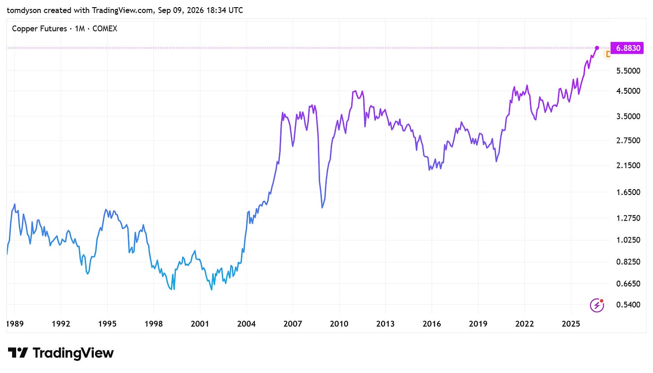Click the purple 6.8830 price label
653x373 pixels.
tap(627, 48)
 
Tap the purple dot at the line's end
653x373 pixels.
tap(597, 48)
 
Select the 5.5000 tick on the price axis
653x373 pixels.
tap(628, 71)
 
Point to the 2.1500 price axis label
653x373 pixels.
tap(628, 165)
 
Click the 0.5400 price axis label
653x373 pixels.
tap(628, 305)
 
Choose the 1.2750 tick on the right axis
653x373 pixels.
tap(628, 218)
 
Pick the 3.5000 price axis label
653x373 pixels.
tap(628, 117)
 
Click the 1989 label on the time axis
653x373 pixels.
tap(14, 324)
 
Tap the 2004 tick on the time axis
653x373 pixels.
tap(246, 324)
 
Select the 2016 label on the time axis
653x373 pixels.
tap(432, 324)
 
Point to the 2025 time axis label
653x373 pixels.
tap(571, 324)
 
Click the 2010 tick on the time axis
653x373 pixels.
tap(339, 324)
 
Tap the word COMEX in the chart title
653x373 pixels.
tap(104, 29)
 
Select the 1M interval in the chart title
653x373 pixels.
tap(79, 29)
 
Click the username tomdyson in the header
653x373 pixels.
tap(24, 10)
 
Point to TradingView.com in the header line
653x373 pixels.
tap(122, 10)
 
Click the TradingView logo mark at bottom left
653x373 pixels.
tap(18, 353)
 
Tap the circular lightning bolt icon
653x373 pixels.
tap(597, 305)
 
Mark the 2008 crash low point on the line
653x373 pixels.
tap(322, 208)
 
